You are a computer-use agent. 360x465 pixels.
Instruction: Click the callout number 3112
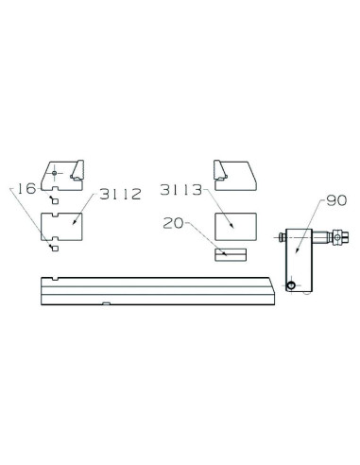pos(120,194)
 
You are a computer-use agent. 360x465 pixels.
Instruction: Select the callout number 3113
pos(180,190)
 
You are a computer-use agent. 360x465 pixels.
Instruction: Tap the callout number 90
pos(336,200)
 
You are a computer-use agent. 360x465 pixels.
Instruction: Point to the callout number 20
pos(173,223)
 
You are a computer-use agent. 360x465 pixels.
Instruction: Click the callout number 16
pos(26,188)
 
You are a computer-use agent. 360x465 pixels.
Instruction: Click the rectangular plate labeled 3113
pos(235,227)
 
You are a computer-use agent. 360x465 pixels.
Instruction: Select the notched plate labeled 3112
pos(61,227)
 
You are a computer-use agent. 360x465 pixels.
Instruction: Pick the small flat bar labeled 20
pos(231,254)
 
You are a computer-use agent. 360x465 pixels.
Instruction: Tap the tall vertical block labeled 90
pos(299,260)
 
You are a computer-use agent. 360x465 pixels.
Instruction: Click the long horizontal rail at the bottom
pos(158,291)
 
